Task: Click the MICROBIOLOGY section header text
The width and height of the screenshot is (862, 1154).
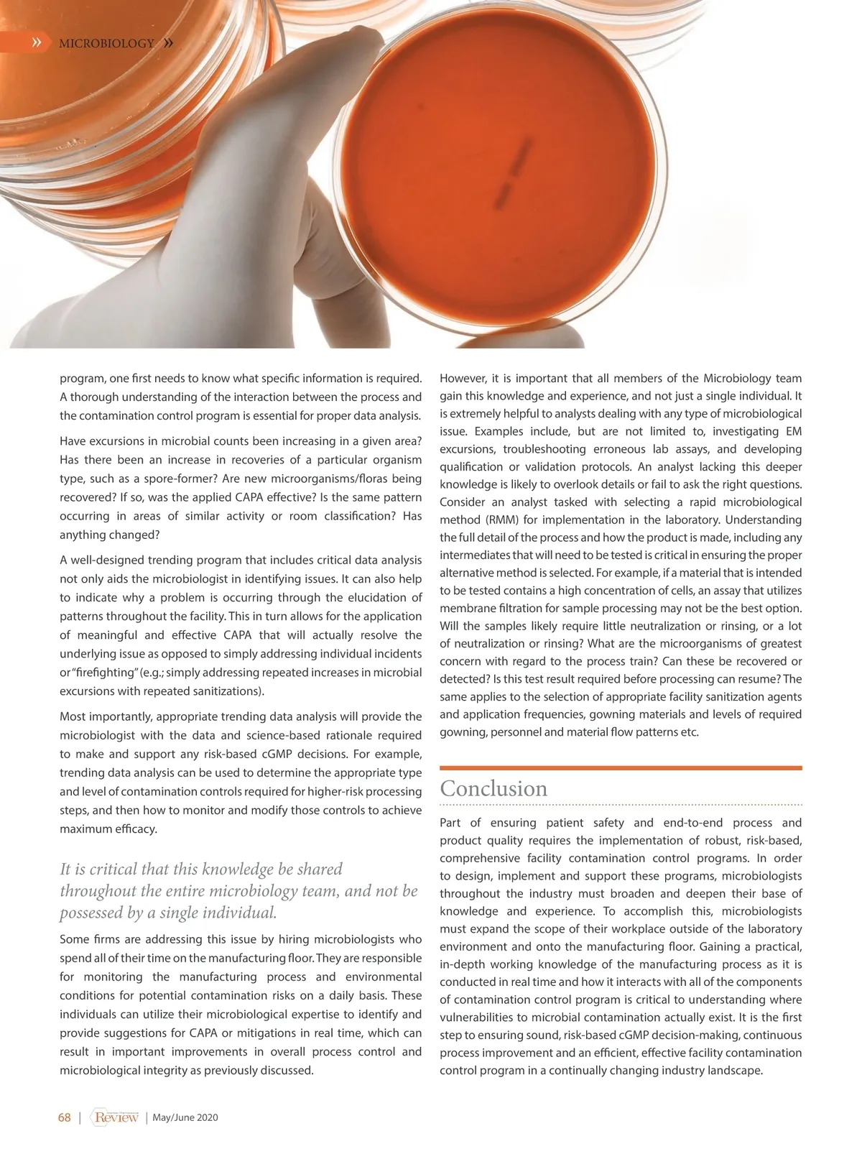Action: [106, 44]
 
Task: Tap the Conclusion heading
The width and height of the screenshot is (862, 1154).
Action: [493, 788]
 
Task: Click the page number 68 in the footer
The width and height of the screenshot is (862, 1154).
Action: [65, 1117]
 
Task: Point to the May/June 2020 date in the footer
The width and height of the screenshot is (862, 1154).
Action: [185, 1117]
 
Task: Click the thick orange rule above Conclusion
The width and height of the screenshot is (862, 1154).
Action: [621, 768]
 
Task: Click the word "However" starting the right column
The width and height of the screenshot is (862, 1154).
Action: [463, 379]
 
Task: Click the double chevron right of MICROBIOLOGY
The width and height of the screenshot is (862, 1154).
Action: [168, 43]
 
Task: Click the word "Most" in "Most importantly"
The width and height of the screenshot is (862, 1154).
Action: [73, 716]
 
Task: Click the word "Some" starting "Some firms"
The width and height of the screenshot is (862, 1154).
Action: [74, 940]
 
